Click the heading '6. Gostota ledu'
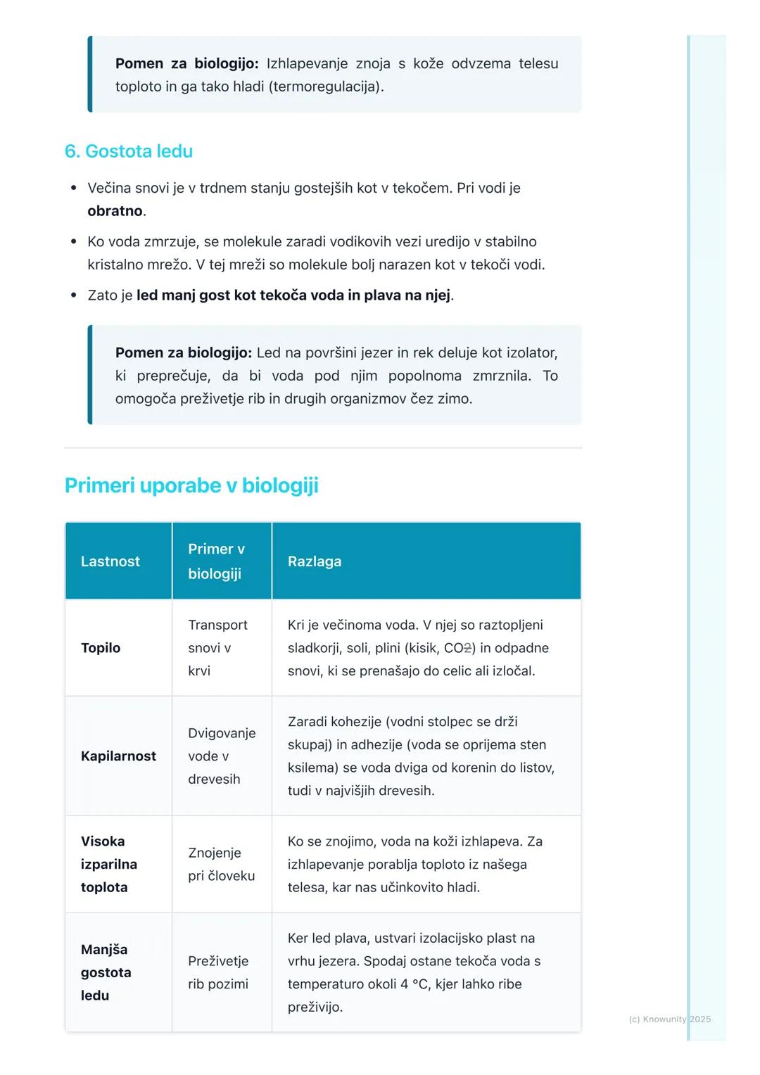click(x=129, y=151)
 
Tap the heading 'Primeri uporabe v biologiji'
click(x=191, y=485)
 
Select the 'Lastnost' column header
click(x=110, y=561)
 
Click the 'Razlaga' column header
click(x=315, y=561)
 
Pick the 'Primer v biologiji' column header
click(x=216, y=561)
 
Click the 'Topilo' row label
click(x=101, y=648)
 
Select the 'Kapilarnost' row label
click(x=118, y=756)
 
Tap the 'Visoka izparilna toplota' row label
click(x=109, y=864)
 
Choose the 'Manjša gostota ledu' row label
click(x=106, y=972)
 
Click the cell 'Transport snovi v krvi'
click(x=217, y=648)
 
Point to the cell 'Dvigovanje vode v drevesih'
click(x=221, y=756)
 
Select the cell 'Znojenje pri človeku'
click(x=221, y=864)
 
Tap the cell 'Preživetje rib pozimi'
click(x=218, y=972)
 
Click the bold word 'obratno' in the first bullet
click(x=115, y=211)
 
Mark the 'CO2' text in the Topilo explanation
click(x=458, y=648)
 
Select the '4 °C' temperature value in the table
click(x=405, y=984)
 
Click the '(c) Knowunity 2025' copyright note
click(x=669, y=1019)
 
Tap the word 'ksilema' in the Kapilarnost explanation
click(x=313, y=768)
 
